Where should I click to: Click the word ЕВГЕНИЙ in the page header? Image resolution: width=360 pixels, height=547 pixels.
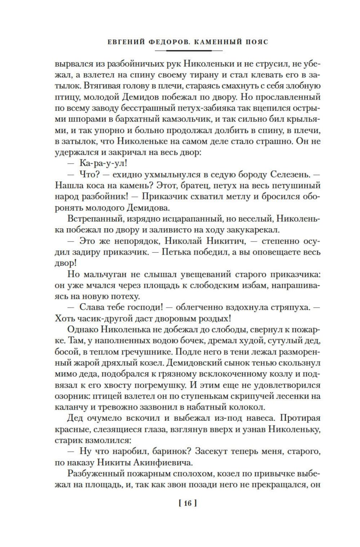(x=126, y=42)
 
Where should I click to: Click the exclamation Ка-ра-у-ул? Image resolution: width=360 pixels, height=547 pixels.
(x=103, y=163)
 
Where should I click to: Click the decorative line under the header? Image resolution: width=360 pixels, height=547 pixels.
(x=187, y=51)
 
